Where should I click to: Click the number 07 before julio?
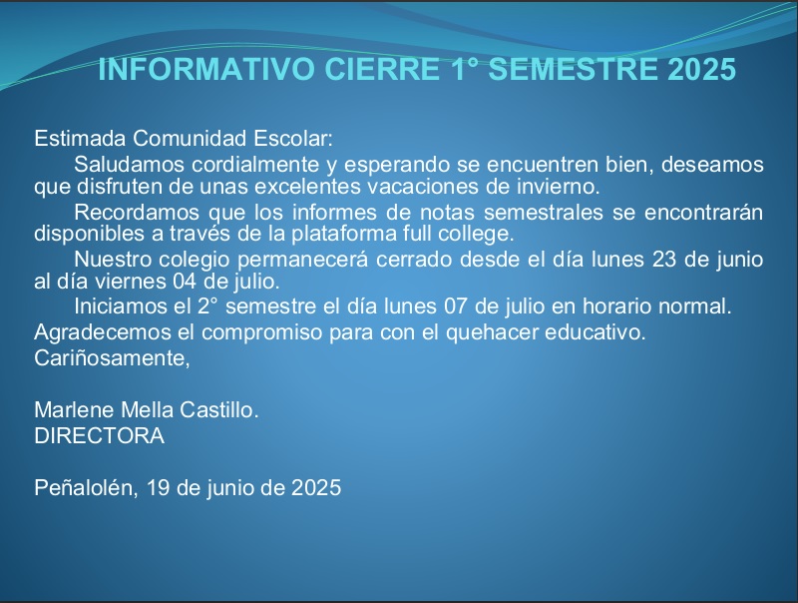pyautogui.click(x=456, y=306)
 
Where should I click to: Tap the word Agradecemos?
pyautogui.click(x=103, y=332)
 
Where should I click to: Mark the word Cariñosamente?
pyautogui.click(x=112, y=358)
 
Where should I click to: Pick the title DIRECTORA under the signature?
pyautogui.click(x=99, y=436)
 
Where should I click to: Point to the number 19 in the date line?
pyautogui.click(x=158, y=488)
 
